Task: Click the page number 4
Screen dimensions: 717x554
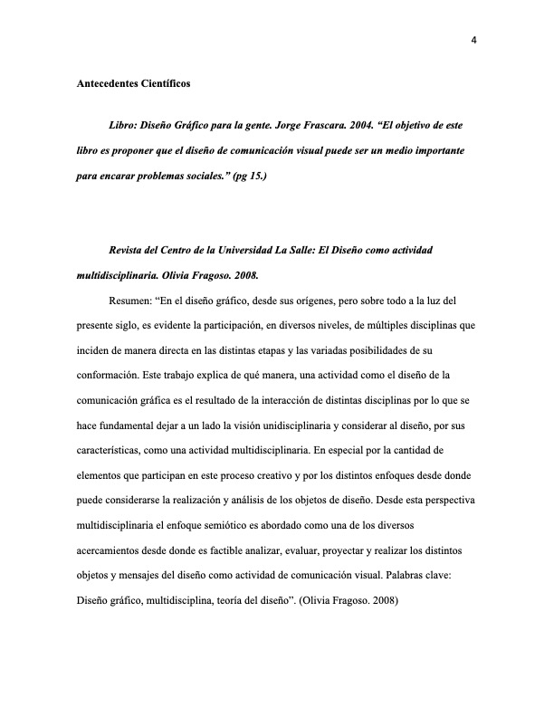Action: click(473, 39)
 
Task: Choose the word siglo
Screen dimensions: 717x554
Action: click(135, 321)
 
